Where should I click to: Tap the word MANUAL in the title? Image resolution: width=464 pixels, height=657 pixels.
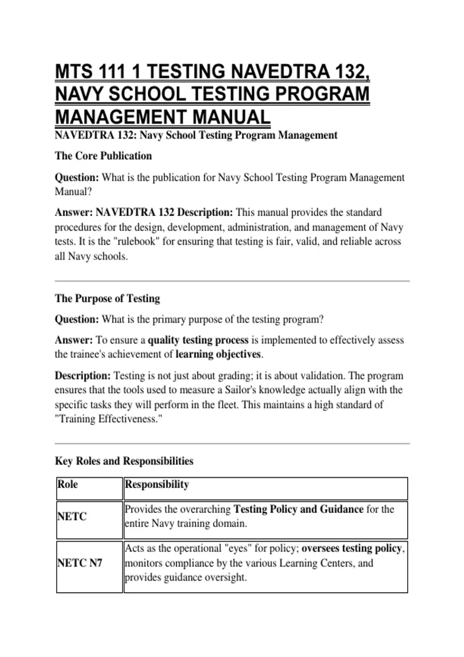click(231, 117)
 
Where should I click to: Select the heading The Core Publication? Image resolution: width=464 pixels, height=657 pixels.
click(103, 156)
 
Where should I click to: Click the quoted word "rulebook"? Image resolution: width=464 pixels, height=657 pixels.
click(135, 242)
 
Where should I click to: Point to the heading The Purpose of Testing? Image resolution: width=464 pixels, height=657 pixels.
click(107, 298)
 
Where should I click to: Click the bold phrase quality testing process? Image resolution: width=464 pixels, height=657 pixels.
click(198, 340)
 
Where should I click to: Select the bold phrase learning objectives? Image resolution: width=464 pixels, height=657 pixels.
click(218, 354)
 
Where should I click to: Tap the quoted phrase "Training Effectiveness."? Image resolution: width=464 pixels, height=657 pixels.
click(109, 419)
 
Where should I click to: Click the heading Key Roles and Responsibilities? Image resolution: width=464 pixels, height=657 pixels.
click(124, 461)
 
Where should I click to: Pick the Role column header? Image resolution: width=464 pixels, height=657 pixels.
click(68, 484)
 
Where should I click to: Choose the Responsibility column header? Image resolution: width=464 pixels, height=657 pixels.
click(157, 484)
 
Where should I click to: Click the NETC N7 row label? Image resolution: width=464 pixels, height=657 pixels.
click(80, 563)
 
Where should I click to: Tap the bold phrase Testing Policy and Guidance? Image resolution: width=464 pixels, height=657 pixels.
click(299, 509)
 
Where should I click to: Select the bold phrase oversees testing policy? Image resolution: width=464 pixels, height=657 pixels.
click(351, 548)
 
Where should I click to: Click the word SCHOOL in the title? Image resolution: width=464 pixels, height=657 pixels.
click(147, 94)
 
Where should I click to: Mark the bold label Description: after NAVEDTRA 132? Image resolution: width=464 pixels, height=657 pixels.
click(205, 213)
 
